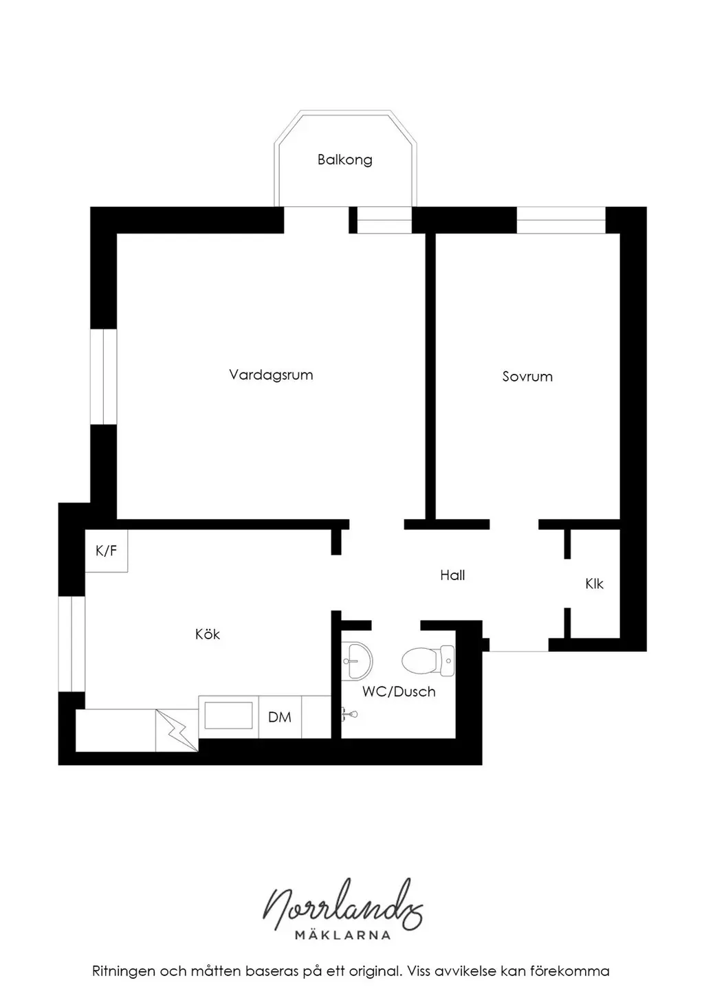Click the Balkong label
(x=344, y=159)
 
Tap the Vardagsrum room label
(x=271, y=375)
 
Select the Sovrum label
(x=527, y=377)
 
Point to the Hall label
(x=453, y=575)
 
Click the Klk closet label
(x=594, y=584)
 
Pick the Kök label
(x=208, y=634)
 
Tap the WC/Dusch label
(x=399, y=691)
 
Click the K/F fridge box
(x=107, y=551)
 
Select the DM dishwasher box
(x=280, y=717)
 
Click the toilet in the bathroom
(x=428, y=661)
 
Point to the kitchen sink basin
(x=228, y=716)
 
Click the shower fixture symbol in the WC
(x=349, y=715)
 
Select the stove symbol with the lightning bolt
(x=177, y=731)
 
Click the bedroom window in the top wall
(x=561, y=220)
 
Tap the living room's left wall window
(x=104, y=377)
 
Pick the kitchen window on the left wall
(x=71, y=644)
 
